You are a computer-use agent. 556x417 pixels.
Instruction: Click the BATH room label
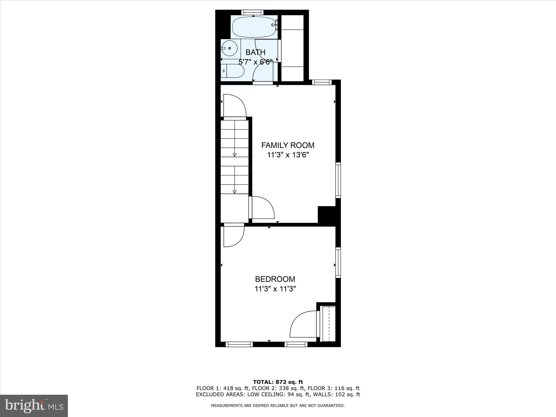point(255,52)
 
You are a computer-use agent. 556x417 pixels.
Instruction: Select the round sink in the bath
point(230,48)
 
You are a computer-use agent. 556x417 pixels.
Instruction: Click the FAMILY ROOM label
point(288,145)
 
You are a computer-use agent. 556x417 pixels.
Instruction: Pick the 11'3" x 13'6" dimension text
point(288,155)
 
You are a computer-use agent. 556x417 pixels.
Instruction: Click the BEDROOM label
point(275,279)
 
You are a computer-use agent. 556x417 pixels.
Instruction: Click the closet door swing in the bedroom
point(303,324)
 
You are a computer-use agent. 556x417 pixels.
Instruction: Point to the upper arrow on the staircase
point(235,155)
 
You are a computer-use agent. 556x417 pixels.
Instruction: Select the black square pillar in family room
point(327,214)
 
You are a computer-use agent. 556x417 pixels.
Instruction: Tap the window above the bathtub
point(252,12)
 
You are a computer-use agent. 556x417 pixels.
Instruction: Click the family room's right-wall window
point(338,180)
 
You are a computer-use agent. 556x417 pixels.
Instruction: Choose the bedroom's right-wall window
point(338,262)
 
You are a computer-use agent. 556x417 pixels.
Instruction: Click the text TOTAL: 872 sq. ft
point(278,382)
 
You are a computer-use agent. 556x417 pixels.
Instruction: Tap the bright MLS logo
point(34,406)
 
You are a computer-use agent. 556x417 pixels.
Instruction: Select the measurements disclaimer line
point(278,406)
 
